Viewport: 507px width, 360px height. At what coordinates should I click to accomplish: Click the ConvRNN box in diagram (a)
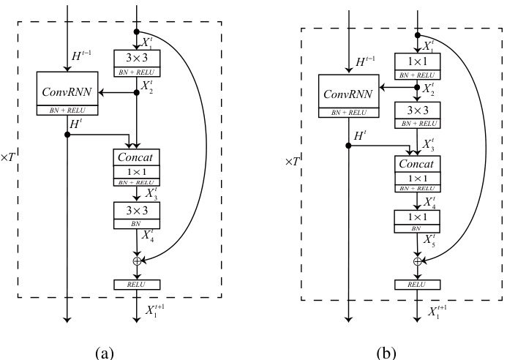(x=67, y=94)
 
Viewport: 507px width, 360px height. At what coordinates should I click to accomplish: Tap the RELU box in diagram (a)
(x=137, y=283)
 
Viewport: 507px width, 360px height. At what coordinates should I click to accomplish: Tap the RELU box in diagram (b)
(x=418, y=283)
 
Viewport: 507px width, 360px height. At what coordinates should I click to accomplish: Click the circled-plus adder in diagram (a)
(x=137, y=260)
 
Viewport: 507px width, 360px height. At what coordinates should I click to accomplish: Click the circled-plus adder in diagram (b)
(x=418, y=261)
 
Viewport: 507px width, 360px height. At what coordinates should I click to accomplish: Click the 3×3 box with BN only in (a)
(x=137, y=214)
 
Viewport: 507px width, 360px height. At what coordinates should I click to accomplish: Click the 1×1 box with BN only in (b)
(x=418, y=220)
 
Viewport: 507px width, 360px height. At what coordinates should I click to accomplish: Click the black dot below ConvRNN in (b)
(x=348, y=145)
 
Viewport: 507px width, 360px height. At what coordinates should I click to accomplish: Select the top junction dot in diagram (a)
(x=137, y=31)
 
